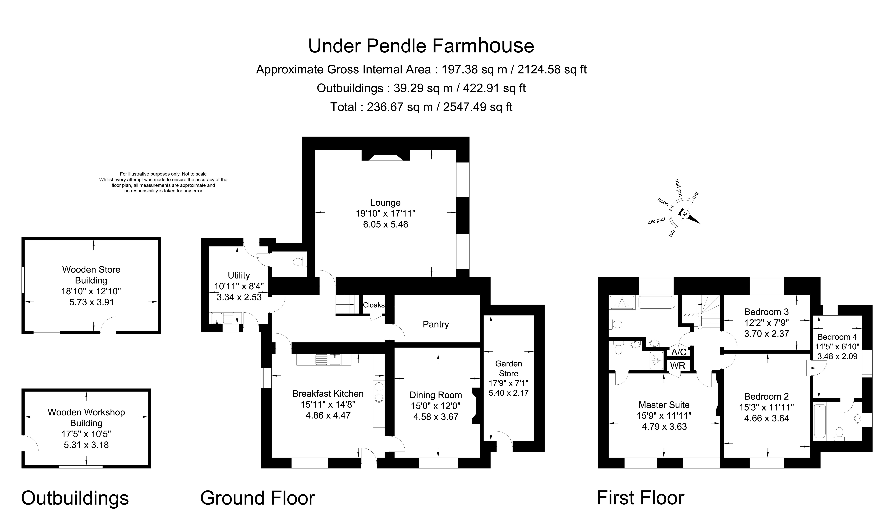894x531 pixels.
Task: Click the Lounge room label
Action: tap(385, 203)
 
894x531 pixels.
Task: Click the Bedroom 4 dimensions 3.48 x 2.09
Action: tap(837, 356)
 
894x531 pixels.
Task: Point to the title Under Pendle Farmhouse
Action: tap(421, 46)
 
